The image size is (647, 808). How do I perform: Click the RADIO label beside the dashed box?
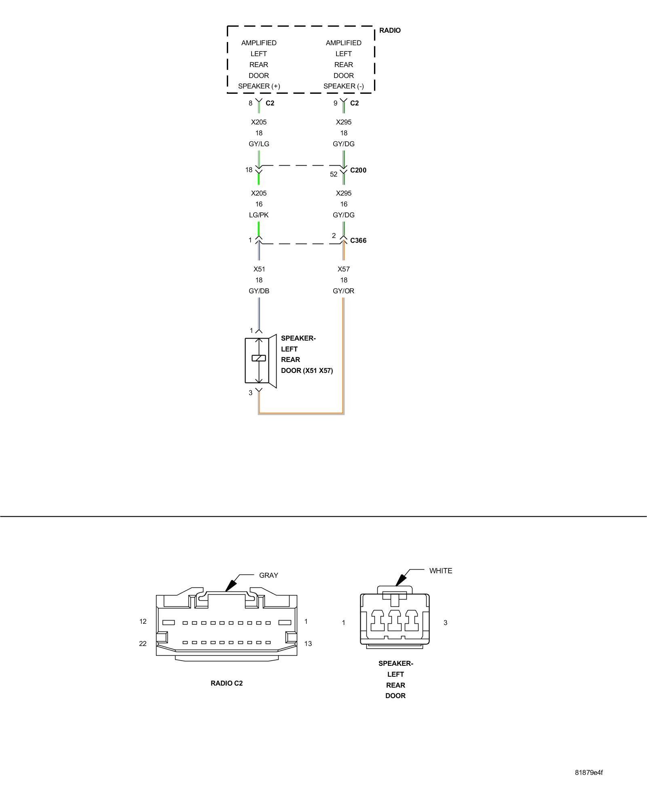pos(390,30)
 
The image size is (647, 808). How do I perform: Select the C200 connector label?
pos(358,170)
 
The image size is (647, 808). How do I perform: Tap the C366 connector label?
pos(358,240)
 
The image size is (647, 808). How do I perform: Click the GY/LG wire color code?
pos(259,144)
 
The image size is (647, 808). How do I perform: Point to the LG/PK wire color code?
pos(259,215)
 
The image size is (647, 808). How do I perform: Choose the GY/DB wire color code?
pos(259,291)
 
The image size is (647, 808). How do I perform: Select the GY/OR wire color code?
pos(343,291)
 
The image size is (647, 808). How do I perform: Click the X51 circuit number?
pos(259,269)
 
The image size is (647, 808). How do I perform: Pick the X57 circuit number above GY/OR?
pos(343,269)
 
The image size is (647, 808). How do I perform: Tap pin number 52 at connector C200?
pos(334,174)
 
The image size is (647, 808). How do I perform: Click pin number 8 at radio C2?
pos(250,103)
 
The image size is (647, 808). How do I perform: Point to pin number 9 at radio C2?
pos(335,103)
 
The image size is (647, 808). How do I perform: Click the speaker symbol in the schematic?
pos(260,361)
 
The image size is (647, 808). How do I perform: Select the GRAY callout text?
pos(269,575)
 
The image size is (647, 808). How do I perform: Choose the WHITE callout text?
pos(440,571)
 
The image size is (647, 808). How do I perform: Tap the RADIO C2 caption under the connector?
pos(226,683)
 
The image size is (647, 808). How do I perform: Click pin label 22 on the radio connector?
pos(143,644)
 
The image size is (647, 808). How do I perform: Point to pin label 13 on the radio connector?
pos(308,644)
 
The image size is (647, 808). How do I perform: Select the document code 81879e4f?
pos(589,772)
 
